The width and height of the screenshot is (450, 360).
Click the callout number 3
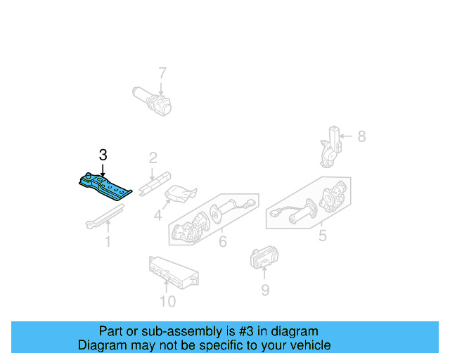[x=103, y=155]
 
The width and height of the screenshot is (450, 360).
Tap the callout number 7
[x=162, y=72]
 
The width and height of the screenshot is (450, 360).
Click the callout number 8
[x=361, y=136]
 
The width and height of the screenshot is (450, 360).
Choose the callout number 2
[x=153, y=158]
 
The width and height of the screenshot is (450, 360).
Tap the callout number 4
[x=158, y=214]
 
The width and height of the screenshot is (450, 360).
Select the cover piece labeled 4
[x=180, y=194]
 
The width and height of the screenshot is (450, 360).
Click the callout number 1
[x=108, y=242]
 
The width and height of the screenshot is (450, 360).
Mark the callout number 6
[x=222, y=242]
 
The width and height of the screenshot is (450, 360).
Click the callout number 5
[x=322, y=236]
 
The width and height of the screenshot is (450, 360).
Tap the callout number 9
[x=264, y=289]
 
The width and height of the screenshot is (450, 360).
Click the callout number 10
[x=167, y=302]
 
